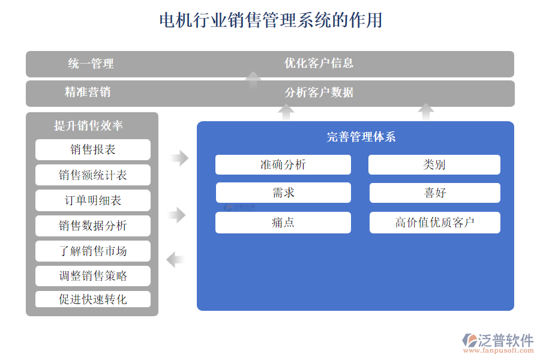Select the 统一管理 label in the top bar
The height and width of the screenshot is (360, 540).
pos(91,64)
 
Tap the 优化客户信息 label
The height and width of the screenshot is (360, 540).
pos(319,63)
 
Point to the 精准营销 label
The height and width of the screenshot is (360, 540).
pos(88,92)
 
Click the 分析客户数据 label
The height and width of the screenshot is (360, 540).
pos(319,92)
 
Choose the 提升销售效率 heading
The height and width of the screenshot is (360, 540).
pos(88,126)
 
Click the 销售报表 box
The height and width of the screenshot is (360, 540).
pos(93,150)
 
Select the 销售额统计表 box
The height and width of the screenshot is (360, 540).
pos(93,175)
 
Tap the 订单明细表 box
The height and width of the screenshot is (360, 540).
pos(93,200)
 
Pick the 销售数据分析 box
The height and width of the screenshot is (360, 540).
pos(93,226)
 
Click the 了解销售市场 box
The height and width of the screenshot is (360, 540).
pos(93,251)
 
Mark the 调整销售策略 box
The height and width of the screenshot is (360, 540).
pos(93,276)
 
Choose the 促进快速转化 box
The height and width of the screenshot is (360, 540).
pos(93,299)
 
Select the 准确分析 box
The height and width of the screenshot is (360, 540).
pos(283,164)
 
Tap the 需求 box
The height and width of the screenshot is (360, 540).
pos(283,193)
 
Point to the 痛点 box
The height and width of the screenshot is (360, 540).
pos(283,223)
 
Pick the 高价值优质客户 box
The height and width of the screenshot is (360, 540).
pos(434,223)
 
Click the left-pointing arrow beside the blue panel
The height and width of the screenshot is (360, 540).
pos(175,260)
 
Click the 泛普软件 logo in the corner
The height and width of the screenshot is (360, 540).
pos(497,341)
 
